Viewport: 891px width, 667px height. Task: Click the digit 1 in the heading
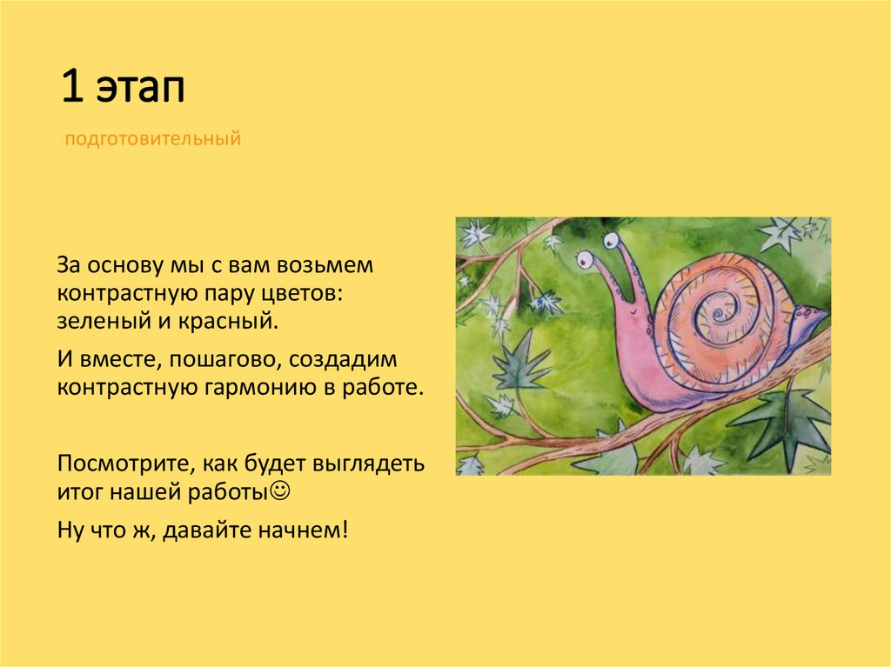(69, 89)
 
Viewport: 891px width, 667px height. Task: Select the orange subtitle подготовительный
(151, 138)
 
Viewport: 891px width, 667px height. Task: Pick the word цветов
(304, 293)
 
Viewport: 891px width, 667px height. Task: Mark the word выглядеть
(379, 462)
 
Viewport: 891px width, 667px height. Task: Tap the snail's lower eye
(584, 259)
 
